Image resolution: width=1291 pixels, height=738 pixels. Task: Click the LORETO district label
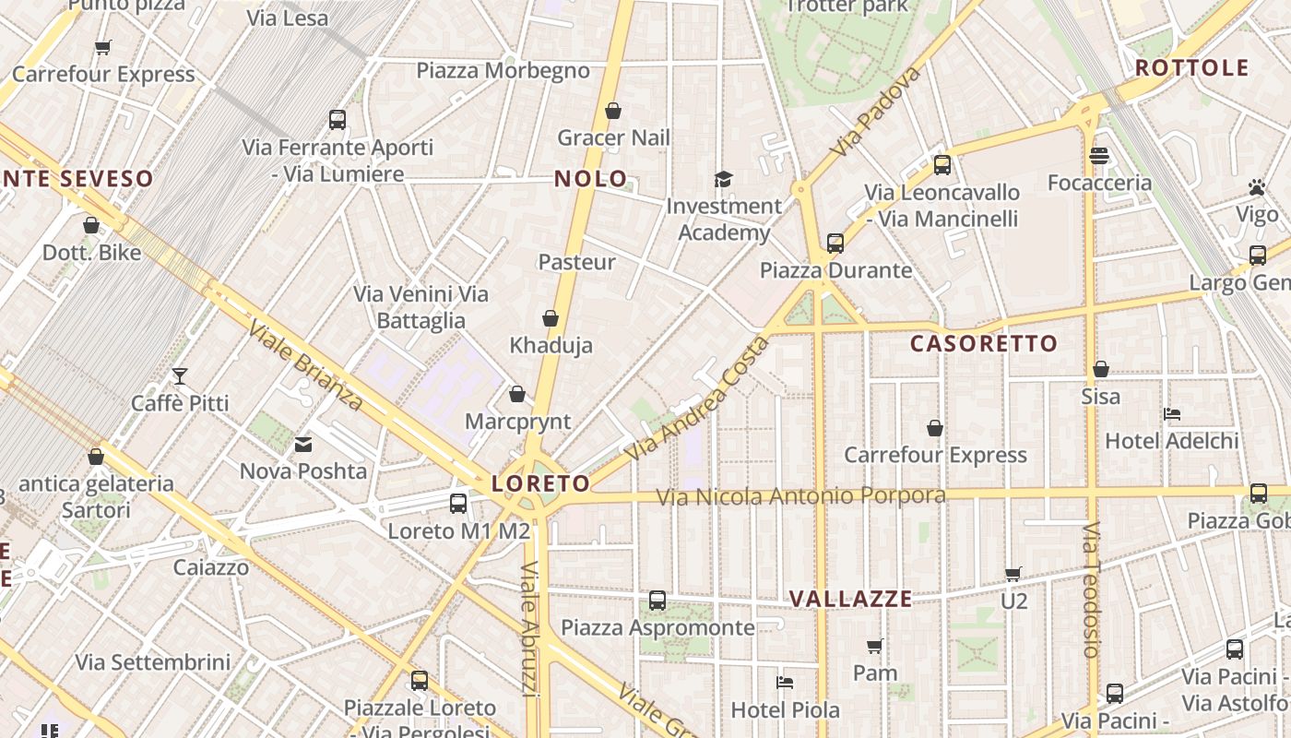[x=540, y=483]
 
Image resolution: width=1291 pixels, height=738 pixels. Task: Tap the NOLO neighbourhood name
[x=591, y=179]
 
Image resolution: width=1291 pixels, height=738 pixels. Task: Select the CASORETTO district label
[x=984, y=344]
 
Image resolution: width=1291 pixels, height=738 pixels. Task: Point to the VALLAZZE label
[x=850, y=600]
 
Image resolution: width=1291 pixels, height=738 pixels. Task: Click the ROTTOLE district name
[x=1191, y=68]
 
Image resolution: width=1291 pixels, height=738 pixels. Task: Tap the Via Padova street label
[x=875, y=112]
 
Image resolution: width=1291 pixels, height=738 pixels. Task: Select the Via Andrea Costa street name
[x=696, y=400]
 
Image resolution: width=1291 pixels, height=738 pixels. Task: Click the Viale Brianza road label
[x=305, y=364]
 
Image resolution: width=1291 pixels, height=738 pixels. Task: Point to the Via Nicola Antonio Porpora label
[x=800, y=496]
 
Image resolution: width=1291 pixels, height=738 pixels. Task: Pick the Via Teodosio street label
[x=1092, y=590]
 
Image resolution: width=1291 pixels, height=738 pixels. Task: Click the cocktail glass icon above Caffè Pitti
[x=180, y=376]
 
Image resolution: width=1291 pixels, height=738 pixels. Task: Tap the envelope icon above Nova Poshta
[x=303, y=446]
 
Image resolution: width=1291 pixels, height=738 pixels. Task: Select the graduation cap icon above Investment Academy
[x=724, y=179]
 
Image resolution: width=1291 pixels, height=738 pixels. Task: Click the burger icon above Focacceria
[x=1098, y=156]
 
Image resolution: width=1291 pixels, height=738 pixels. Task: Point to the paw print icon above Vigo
[x=1257, y=187]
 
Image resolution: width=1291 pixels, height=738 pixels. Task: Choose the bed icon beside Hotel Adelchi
[x=1172, y=414]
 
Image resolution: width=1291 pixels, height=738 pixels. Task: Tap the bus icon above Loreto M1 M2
[x=458, y=504]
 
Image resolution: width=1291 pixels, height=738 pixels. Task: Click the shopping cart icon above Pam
[x=875, y=646]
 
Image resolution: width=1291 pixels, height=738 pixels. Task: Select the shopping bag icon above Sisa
[x=1101, y=370]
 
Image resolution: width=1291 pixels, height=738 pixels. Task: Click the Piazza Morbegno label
[x=503, y=71]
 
